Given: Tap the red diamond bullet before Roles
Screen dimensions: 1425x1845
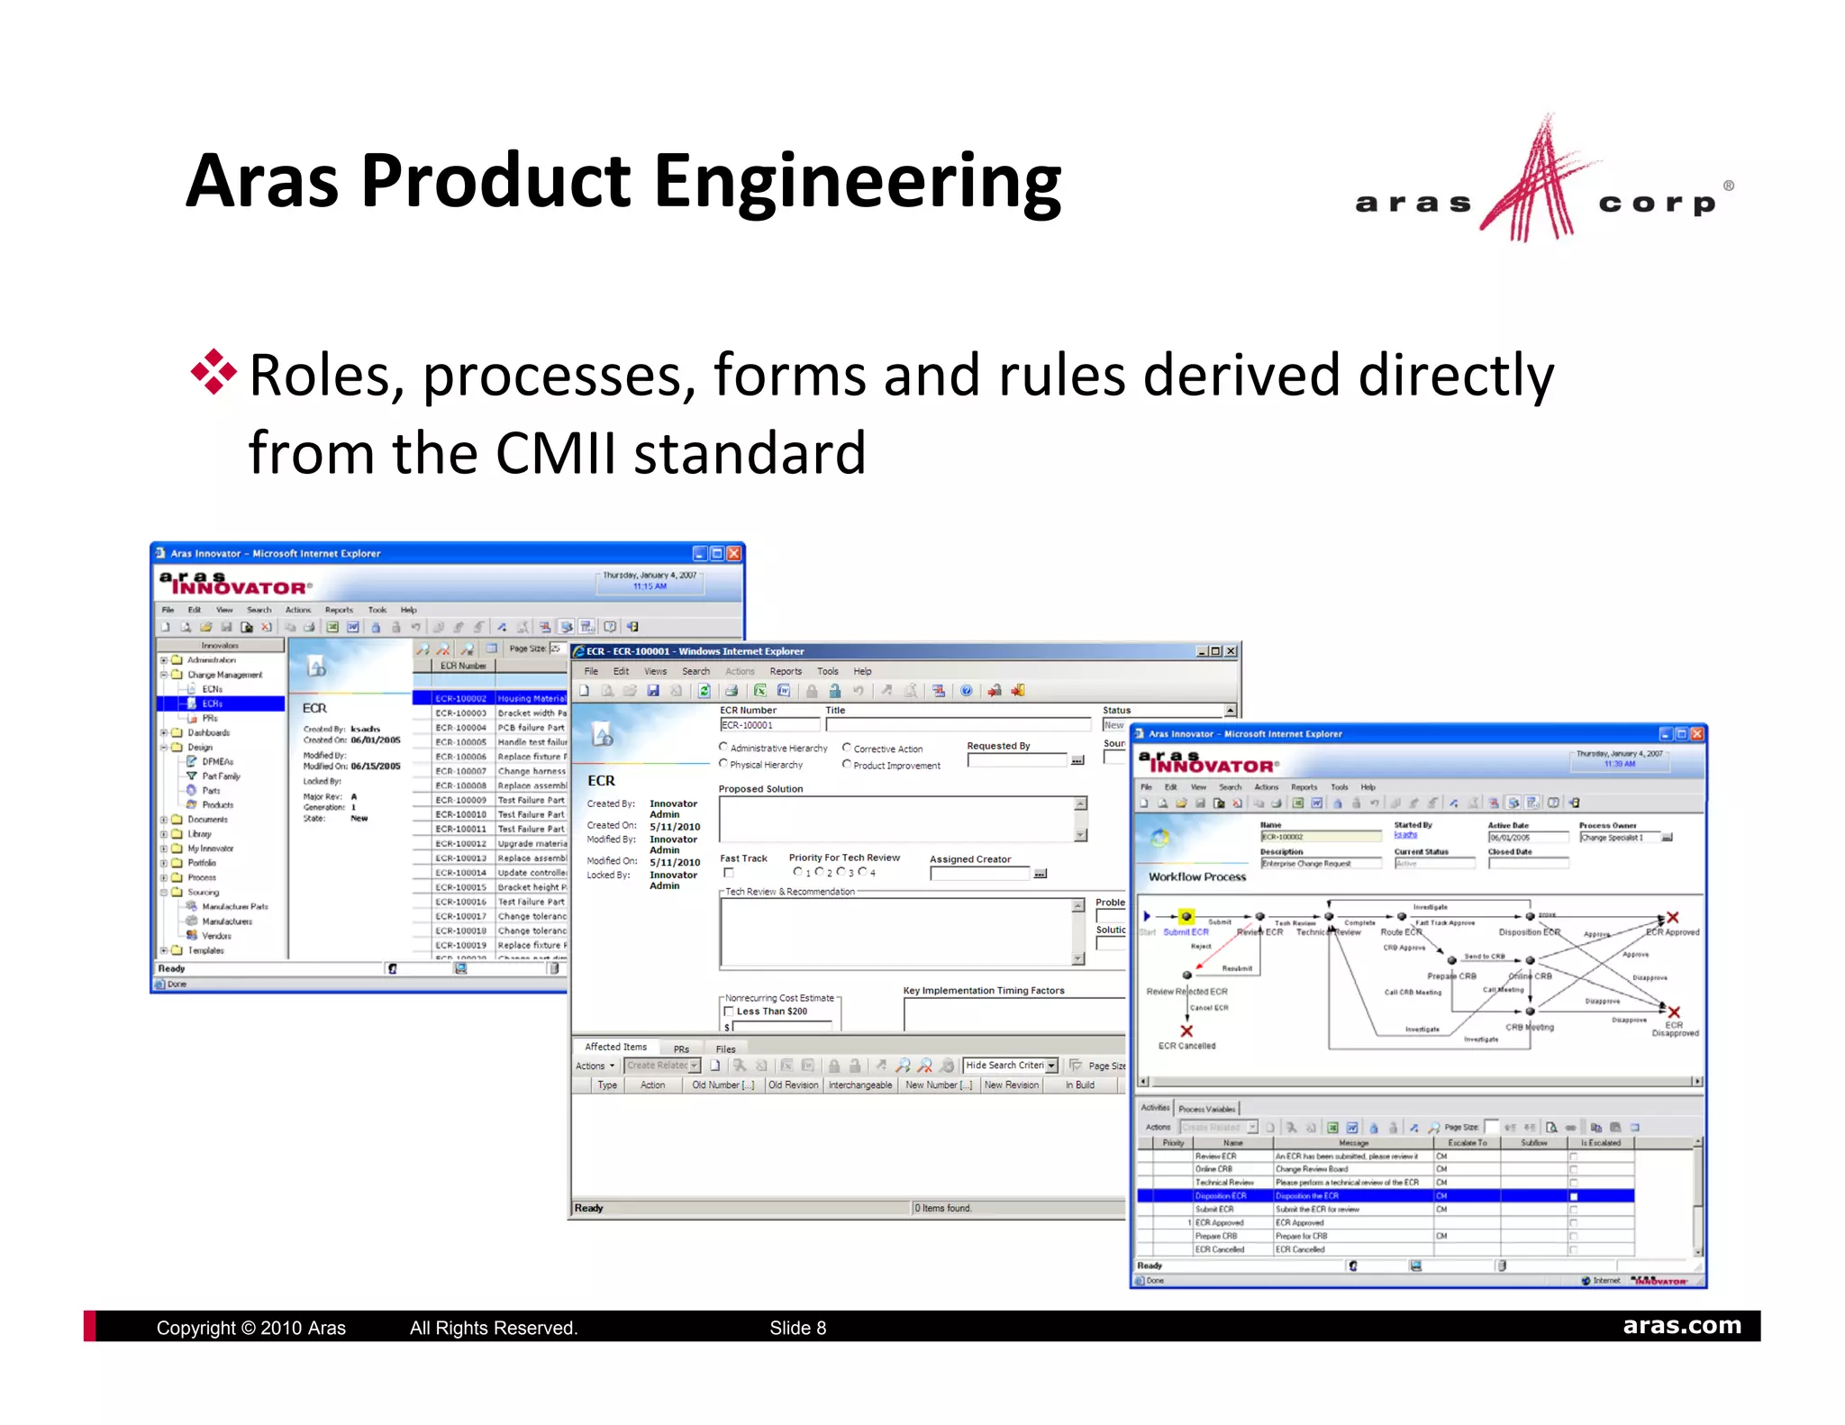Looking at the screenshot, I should (x=214, y=372).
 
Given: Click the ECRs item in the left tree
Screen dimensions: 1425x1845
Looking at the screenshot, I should (x=213, y=703).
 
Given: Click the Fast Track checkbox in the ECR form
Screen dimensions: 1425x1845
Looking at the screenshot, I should (x=729, y=873).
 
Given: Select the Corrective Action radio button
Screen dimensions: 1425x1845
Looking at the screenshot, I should (x=847, y=748).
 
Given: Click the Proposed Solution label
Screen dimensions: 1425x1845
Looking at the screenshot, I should (x=760, y=789).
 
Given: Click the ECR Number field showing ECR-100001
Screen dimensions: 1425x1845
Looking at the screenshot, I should (x=768, y=725).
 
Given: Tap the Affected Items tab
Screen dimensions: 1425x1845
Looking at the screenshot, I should (x=615, y=1047).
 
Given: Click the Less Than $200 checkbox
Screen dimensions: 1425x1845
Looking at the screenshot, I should (x=730, y=1012).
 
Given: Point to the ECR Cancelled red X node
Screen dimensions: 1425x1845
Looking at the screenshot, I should (x=1186, y=1031).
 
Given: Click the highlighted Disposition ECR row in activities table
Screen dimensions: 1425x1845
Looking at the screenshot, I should (x=1221, y=1196).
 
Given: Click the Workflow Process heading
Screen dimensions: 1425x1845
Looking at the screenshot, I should (x=1196, y=876).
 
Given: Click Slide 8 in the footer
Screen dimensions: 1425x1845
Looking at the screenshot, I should (x=797, y=1328).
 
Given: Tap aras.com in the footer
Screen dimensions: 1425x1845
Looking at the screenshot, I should (x=1681, y=1326).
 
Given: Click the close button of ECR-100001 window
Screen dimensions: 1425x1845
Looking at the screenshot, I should (x=1232, y=651).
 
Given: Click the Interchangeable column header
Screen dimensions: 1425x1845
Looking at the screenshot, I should (x=859, y=1085).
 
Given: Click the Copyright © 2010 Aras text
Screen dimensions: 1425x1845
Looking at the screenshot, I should (x=250, y=1328).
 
